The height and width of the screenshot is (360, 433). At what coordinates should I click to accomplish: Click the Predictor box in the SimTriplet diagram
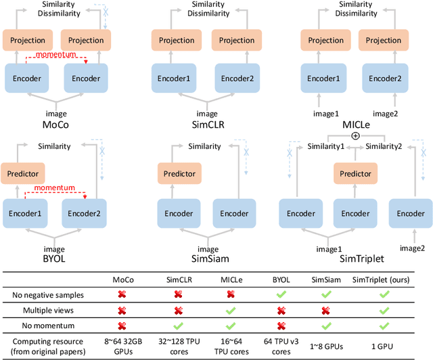(x=356, y=174)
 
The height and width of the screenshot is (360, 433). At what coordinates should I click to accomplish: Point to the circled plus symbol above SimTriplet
(x=355, y=135)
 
